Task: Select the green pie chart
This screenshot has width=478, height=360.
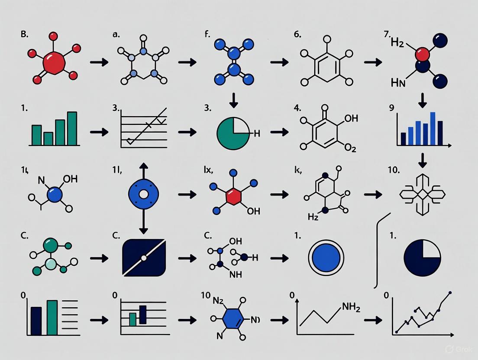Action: coord(232,133)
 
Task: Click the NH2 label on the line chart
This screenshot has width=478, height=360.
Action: coord(351,307)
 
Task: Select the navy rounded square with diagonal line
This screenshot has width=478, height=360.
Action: coord(144,258)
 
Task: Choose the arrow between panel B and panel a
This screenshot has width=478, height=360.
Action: coord(99,62)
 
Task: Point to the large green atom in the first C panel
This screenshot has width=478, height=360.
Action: coord(50,244)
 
